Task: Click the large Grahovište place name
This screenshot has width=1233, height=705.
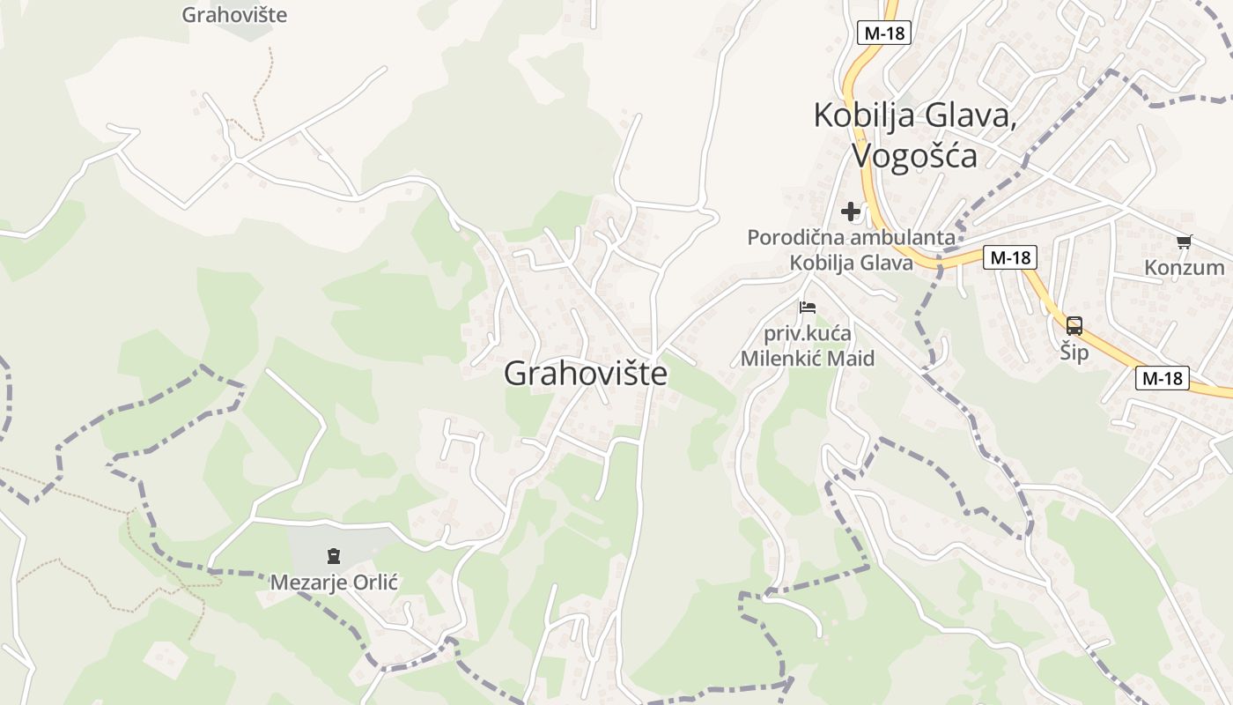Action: [586, 374]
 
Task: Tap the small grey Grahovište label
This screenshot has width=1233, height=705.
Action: [234, 15]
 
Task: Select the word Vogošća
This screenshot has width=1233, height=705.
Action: [914, 155]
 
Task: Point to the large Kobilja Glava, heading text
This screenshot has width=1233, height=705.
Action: [914, 115]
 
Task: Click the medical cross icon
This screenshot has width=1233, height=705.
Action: [851, 211]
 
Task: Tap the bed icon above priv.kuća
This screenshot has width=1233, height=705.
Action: [808, 308]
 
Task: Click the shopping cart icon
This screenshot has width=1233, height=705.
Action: [1184, 241]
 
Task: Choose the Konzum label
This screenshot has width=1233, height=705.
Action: [1185, 267]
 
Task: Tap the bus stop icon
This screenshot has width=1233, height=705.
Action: [1074, 325]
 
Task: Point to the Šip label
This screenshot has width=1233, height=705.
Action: [1074, 352]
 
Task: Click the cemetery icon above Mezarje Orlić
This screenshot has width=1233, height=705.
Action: [334, 556]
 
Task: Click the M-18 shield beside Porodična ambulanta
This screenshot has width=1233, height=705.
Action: [1009, 257]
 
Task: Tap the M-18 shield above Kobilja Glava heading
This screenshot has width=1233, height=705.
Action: [883, 33]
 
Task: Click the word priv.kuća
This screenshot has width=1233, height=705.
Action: [807, 334]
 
